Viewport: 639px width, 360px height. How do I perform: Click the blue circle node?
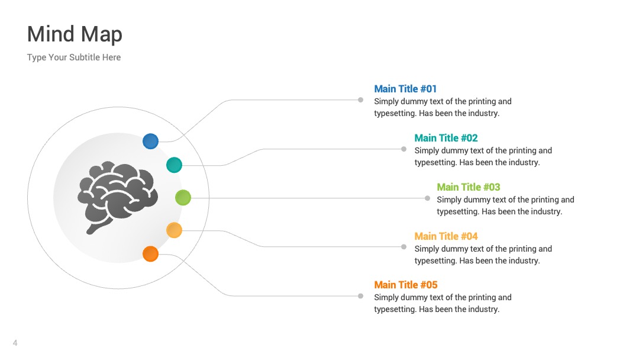[x=150, y=141]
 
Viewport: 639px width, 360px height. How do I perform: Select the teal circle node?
[x=174, y=165]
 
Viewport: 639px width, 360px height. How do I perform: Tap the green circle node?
[x=183, y=198]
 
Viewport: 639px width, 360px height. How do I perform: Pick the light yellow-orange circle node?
[x=174, y=230]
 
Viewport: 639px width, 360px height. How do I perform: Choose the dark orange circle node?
[x=150, y=253]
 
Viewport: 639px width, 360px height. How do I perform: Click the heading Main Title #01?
[x=405, y=89]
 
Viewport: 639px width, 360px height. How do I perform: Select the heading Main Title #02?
[x=446, y=138]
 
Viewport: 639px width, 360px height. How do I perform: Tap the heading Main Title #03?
[x=468, y=187]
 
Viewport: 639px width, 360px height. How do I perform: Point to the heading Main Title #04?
[x=446, y=236]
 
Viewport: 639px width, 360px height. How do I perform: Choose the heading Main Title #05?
[x=405, y=285]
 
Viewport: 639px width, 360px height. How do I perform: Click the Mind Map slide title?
[x=75, y=34]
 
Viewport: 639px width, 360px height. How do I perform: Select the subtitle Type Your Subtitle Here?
[x=74, y=57]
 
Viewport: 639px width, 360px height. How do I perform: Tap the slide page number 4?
[x=15, y=343]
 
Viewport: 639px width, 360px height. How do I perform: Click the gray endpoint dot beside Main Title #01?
[x=361, y=100]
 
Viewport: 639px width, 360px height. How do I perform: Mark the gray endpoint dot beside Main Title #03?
[x=428, y=198]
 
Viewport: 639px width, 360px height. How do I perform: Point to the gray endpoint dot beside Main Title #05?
[x=361, y=296]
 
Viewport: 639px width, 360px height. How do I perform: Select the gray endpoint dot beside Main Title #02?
[x=404, y=149]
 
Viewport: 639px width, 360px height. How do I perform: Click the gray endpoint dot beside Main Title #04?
[x=404, y=247]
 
